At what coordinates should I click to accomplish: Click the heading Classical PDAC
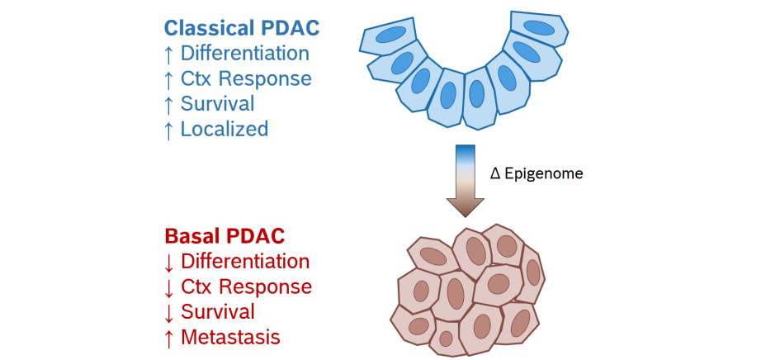click(241, 27)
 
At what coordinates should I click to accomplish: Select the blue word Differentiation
click(245, 54)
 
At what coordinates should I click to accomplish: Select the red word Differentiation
click(245, 262)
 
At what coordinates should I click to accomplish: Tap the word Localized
click(225, 129)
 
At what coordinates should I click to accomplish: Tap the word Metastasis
click(230, 337)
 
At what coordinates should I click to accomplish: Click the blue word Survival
click(218, 104)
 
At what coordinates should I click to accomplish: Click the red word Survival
click(218, 312)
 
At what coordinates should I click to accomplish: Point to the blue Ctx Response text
click(246, 79)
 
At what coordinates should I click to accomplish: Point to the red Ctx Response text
click(246, 287)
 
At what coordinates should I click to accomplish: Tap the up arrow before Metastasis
click(169, 337)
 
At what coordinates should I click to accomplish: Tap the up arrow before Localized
click(169, 129)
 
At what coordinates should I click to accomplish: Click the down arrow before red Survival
click(169, 312)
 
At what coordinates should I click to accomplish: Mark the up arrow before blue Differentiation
click(169, 54)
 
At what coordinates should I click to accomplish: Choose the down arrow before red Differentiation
click(169, 262)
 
